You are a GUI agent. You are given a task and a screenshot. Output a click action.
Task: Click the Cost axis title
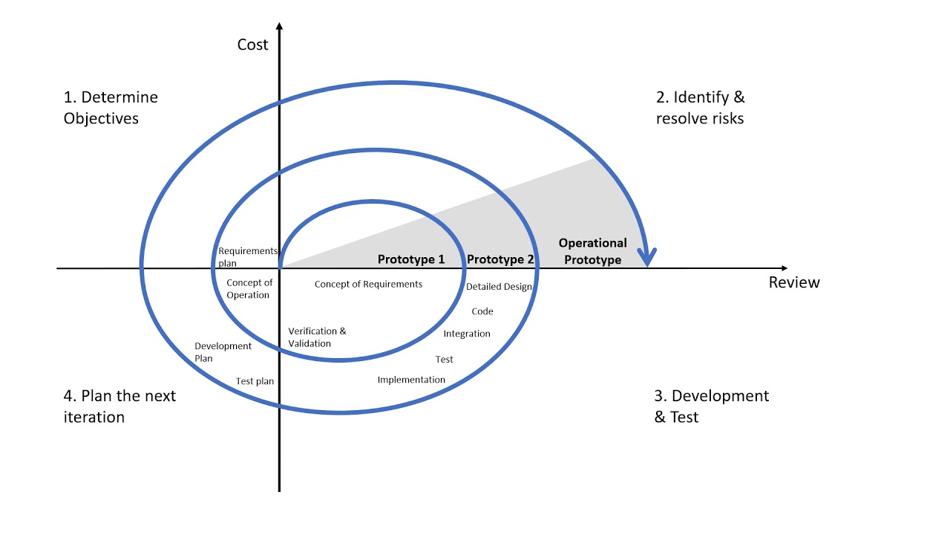coord(252,45)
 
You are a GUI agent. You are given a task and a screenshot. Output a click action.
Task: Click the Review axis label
coord(794,282)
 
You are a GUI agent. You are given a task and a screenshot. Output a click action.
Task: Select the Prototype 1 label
coord(411,259)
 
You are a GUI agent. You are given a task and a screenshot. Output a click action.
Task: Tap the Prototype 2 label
coord(500,259)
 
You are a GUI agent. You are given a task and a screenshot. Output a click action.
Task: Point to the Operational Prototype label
coord(592,251)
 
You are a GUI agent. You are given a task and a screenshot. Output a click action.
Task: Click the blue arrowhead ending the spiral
coord(648,257)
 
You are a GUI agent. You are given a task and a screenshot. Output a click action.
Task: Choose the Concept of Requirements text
coord(368,284)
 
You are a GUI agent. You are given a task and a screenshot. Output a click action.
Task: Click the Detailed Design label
coord(499,287)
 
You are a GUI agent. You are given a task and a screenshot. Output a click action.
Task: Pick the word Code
coord(482,311)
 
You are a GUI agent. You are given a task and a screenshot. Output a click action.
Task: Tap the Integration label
coord(467,334)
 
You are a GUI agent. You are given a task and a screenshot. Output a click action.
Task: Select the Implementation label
coord(411,380)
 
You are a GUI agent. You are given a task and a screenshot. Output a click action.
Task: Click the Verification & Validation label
coord(317,337)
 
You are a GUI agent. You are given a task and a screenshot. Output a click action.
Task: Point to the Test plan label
coord(255,381)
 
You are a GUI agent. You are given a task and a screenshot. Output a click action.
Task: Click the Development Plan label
coord(223,352)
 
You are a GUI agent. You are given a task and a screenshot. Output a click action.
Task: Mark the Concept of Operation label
coord(249,289)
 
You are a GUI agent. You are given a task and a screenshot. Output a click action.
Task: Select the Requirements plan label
coord(247,257)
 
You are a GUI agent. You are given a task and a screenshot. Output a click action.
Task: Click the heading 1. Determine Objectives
coord(111,108)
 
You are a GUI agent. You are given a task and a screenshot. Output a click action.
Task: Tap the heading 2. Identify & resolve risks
coord(700,108)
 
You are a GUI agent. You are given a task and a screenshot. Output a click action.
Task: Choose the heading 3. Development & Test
coord(711,406)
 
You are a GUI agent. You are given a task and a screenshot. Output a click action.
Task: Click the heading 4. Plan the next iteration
coord(119,406)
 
